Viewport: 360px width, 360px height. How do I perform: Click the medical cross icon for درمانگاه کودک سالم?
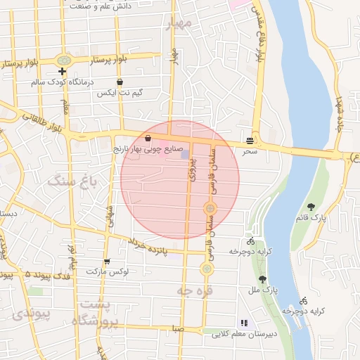pos(63,71)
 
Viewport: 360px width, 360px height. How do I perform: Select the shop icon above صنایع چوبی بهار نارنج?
pos(148,139)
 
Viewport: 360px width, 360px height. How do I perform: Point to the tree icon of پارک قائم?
pos(311,207)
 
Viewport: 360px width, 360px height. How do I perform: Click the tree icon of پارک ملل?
pos(262,279)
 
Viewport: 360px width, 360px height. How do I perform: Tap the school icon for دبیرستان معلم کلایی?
pos(243,323)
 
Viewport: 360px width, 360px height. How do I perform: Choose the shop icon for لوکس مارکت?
pos(107,261)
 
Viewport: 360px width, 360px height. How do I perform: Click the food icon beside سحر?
pos(251,139)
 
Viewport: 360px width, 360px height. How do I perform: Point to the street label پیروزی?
pos(193,169)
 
